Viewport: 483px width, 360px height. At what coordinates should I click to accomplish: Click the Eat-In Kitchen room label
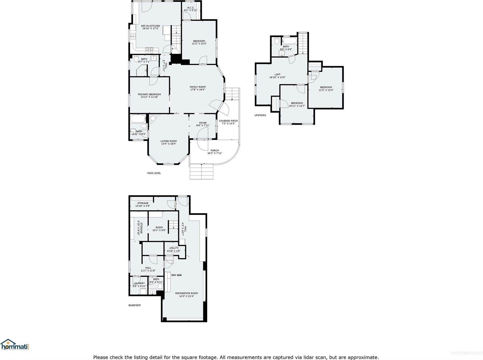pos(151,26)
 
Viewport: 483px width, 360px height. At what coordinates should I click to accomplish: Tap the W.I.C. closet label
pos(191,8)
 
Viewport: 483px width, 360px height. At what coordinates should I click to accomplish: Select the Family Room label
pos(198,87)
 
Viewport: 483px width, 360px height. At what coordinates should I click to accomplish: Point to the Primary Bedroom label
pos(149,94)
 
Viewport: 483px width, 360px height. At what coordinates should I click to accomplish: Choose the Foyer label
pos(203,123)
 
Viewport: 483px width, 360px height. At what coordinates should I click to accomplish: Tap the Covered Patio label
pos(228,121)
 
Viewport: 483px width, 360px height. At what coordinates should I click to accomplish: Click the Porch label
pos(215,151)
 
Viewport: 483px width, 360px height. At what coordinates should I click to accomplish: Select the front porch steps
pos(201,171)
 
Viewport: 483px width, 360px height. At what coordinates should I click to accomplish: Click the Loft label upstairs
pos(277,74)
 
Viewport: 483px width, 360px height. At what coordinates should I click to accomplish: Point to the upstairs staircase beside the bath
pos(303,43)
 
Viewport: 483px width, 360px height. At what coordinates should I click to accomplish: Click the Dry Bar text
pos(176,275)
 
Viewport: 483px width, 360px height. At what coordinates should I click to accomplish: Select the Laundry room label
pos(139,283)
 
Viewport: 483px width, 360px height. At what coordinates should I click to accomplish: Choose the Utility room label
pos(174,248)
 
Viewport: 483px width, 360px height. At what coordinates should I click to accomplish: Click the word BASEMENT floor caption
pos(134,305)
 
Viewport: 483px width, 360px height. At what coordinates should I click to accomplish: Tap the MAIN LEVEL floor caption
pos(154,173)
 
